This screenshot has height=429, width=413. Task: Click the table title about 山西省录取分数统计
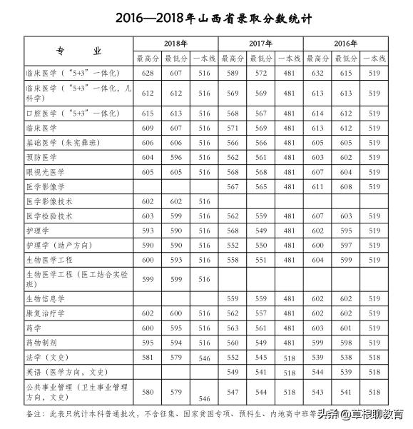tap(206, 15)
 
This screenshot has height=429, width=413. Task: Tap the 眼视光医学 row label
tap(46, 171)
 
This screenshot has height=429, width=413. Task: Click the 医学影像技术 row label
tap(50, 201)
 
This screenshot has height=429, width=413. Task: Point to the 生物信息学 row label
tap(46, 298)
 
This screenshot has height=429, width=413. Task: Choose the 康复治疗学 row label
tap(46, 313)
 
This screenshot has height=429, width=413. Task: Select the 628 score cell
tap(148, 74)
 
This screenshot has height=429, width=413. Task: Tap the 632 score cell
tap(318, 74)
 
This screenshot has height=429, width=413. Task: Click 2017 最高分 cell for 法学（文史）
tap(233, 356)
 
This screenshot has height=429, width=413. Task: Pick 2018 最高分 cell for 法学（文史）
tap(148, 356)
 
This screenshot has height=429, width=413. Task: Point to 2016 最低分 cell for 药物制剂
tap(346, 342)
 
